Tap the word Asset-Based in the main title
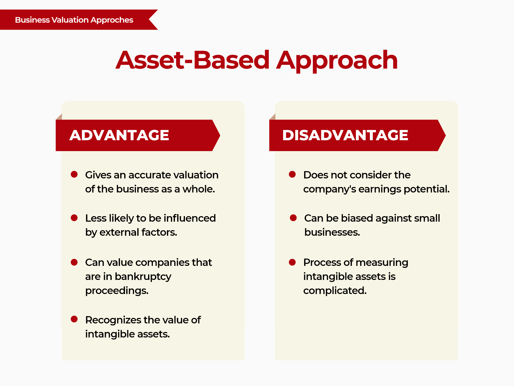click(x=192, y=60)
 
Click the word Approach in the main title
click(x=337, y=60)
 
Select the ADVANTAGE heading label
click(x=119, y=135)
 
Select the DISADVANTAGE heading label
click(x=345, y=135)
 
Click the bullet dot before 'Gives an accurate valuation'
click(x=74, y=174)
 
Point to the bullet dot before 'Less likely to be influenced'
click(x=74, y=218)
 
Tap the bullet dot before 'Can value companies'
click(x=74, y=262)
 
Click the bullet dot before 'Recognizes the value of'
click(x=74, y=319)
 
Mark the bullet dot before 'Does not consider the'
click(x=292, y=174)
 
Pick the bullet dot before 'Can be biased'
click(x=293, y=218)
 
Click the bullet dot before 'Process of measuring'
click(x=292, y=262)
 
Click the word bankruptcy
click(x=143, y=277)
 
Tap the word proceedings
click(x=117, y=291)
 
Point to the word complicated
click(x=335, y=291)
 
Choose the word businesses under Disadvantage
click(x=332, y=232)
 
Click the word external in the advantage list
click(x=119, y=232)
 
